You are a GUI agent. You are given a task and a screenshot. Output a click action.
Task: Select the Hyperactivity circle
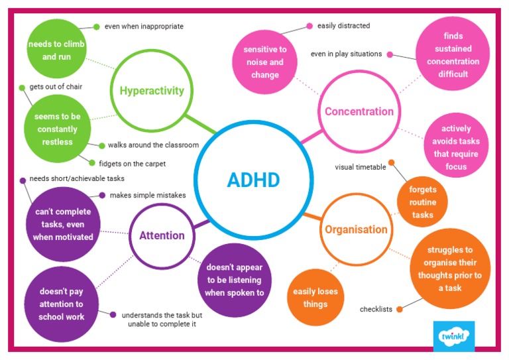[151, 91]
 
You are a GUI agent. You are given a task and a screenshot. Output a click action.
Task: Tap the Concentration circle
[359, 111]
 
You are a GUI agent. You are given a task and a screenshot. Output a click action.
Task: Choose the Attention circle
[162, 235]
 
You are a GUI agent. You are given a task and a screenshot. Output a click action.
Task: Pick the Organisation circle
[355, 230]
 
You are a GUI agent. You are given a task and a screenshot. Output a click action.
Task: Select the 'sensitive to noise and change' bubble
[264, 62]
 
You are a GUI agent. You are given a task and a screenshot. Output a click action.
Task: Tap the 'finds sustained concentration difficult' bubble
[453, 55]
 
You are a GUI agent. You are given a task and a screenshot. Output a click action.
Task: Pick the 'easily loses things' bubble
[316, 298]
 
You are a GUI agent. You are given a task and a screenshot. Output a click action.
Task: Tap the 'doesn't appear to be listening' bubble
[234, 279]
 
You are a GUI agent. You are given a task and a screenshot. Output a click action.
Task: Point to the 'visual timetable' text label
[360, 167]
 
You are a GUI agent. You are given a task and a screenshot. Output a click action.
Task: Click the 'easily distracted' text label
[343, 26]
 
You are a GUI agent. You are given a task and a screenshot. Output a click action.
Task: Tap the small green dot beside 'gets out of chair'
[22, 87]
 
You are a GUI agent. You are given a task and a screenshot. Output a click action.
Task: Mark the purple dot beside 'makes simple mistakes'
[102, 195]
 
